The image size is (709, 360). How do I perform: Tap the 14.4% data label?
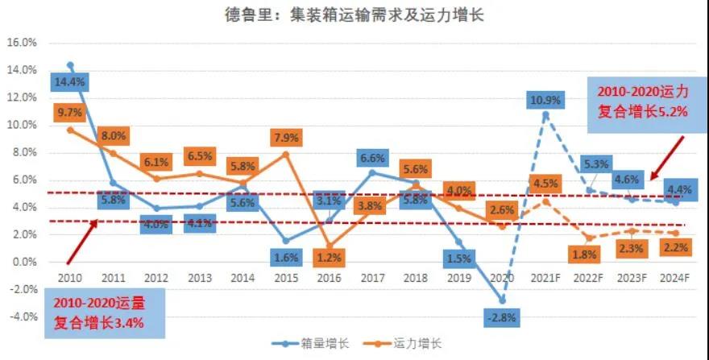70,81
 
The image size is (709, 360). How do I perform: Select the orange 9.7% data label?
70,114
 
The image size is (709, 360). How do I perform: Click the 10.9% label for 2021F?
545,101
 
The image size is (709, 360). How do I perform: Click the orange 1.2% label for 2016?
330,258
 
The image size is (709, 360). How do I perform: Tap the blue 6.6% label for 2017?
371,157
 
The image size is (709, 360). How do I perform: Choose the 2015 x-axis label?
286,278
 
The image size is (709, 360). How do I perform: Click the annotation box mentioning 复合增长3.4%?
84,314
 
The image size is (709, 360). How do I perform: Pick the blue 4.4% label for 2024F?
675,190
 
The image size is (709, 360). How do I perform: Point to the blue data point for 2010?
70,65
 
